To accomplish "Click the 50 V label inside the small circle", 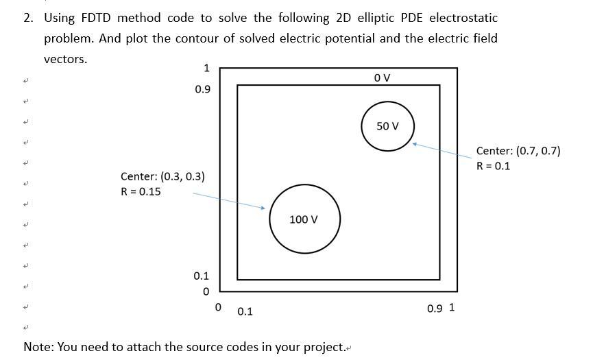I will (x=387, y=126).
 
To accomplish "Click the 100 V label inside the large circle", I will (x=303, y=219).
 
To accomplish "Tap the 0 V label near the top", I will (x=383, y=77).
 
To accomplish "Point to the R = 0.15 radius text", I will (x=141, y=191).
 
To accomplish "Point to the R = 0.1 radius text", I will (x=493, y=166).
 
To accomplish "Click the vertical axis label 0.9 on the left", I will (x=203, y=90).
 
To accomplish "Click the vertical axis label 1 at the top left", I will (x=206, y=68).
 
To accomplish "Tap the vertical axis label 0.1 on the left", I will (x=201, y=276).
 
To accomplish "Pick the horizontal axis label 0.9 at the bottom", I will (x=435, y=309).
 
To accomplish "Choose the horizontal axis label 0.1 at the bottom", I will (x=245, y=311).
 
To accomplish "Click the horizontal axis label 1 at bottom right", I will (x=452, y=307).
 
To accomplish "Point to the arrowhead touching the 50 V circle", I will (x=415, y=144).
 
